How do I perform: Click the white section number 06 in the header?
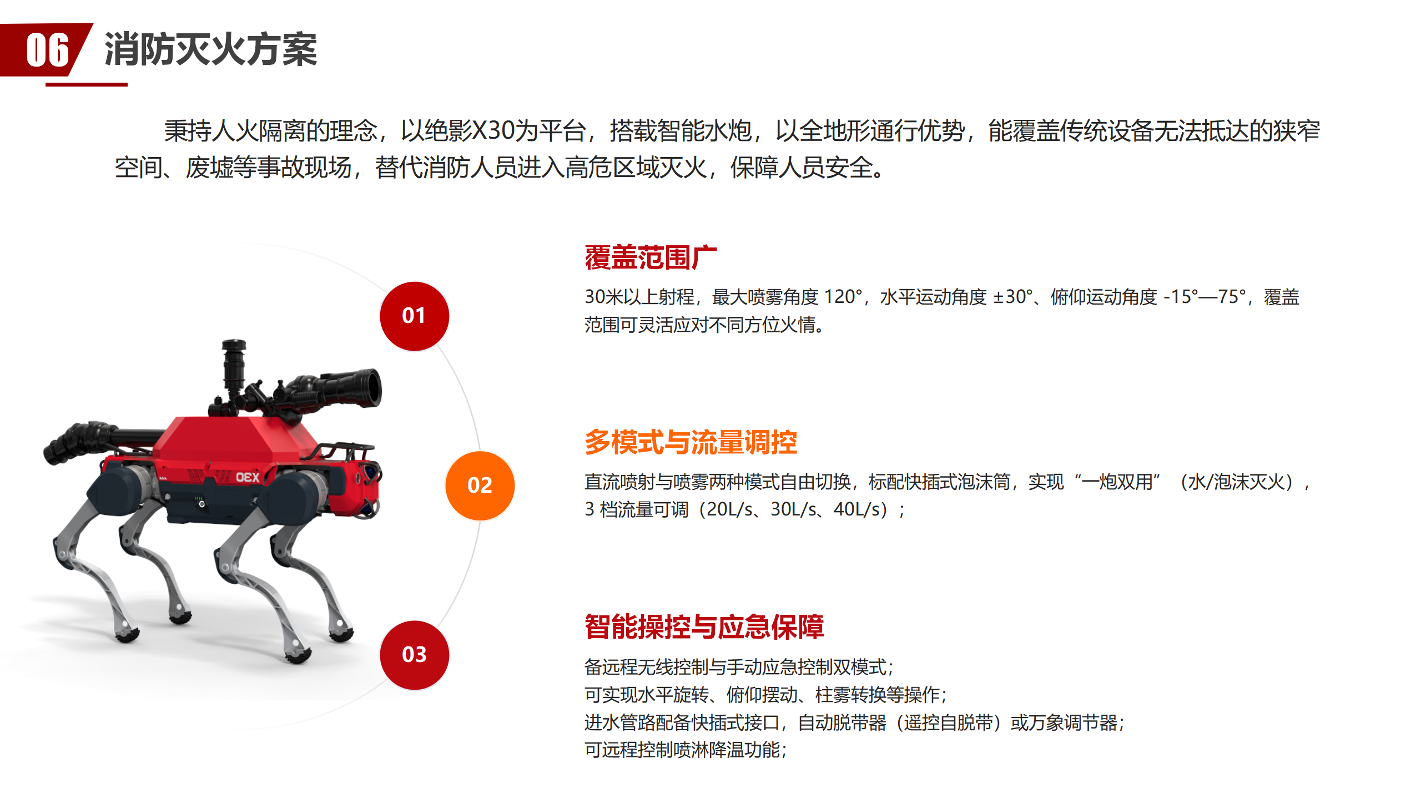(48, 50)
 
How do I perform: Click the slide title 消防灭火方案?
(210, 50)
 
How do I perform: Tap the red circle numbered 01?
(415, 316)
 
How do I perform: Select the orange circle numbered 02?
(480, 486)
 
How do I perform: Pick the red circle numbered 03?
(415, 655)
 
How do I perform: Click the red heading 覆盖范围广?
(651, 257)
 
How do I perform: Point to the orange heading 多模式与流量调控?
(691, 442)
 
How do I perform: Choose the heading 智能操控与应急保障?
(704, 627)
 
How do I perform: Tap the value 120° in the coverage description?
(843, 297)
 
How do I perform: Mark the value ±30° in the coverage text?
(1012, 297)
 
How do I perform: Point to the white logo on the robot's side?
(248, 477)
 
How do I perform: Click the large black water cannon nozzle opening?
(370, 388)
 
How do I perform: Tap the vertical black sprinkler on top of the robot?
(234, 366)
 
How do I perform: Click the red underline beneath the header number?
(87, 84)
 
